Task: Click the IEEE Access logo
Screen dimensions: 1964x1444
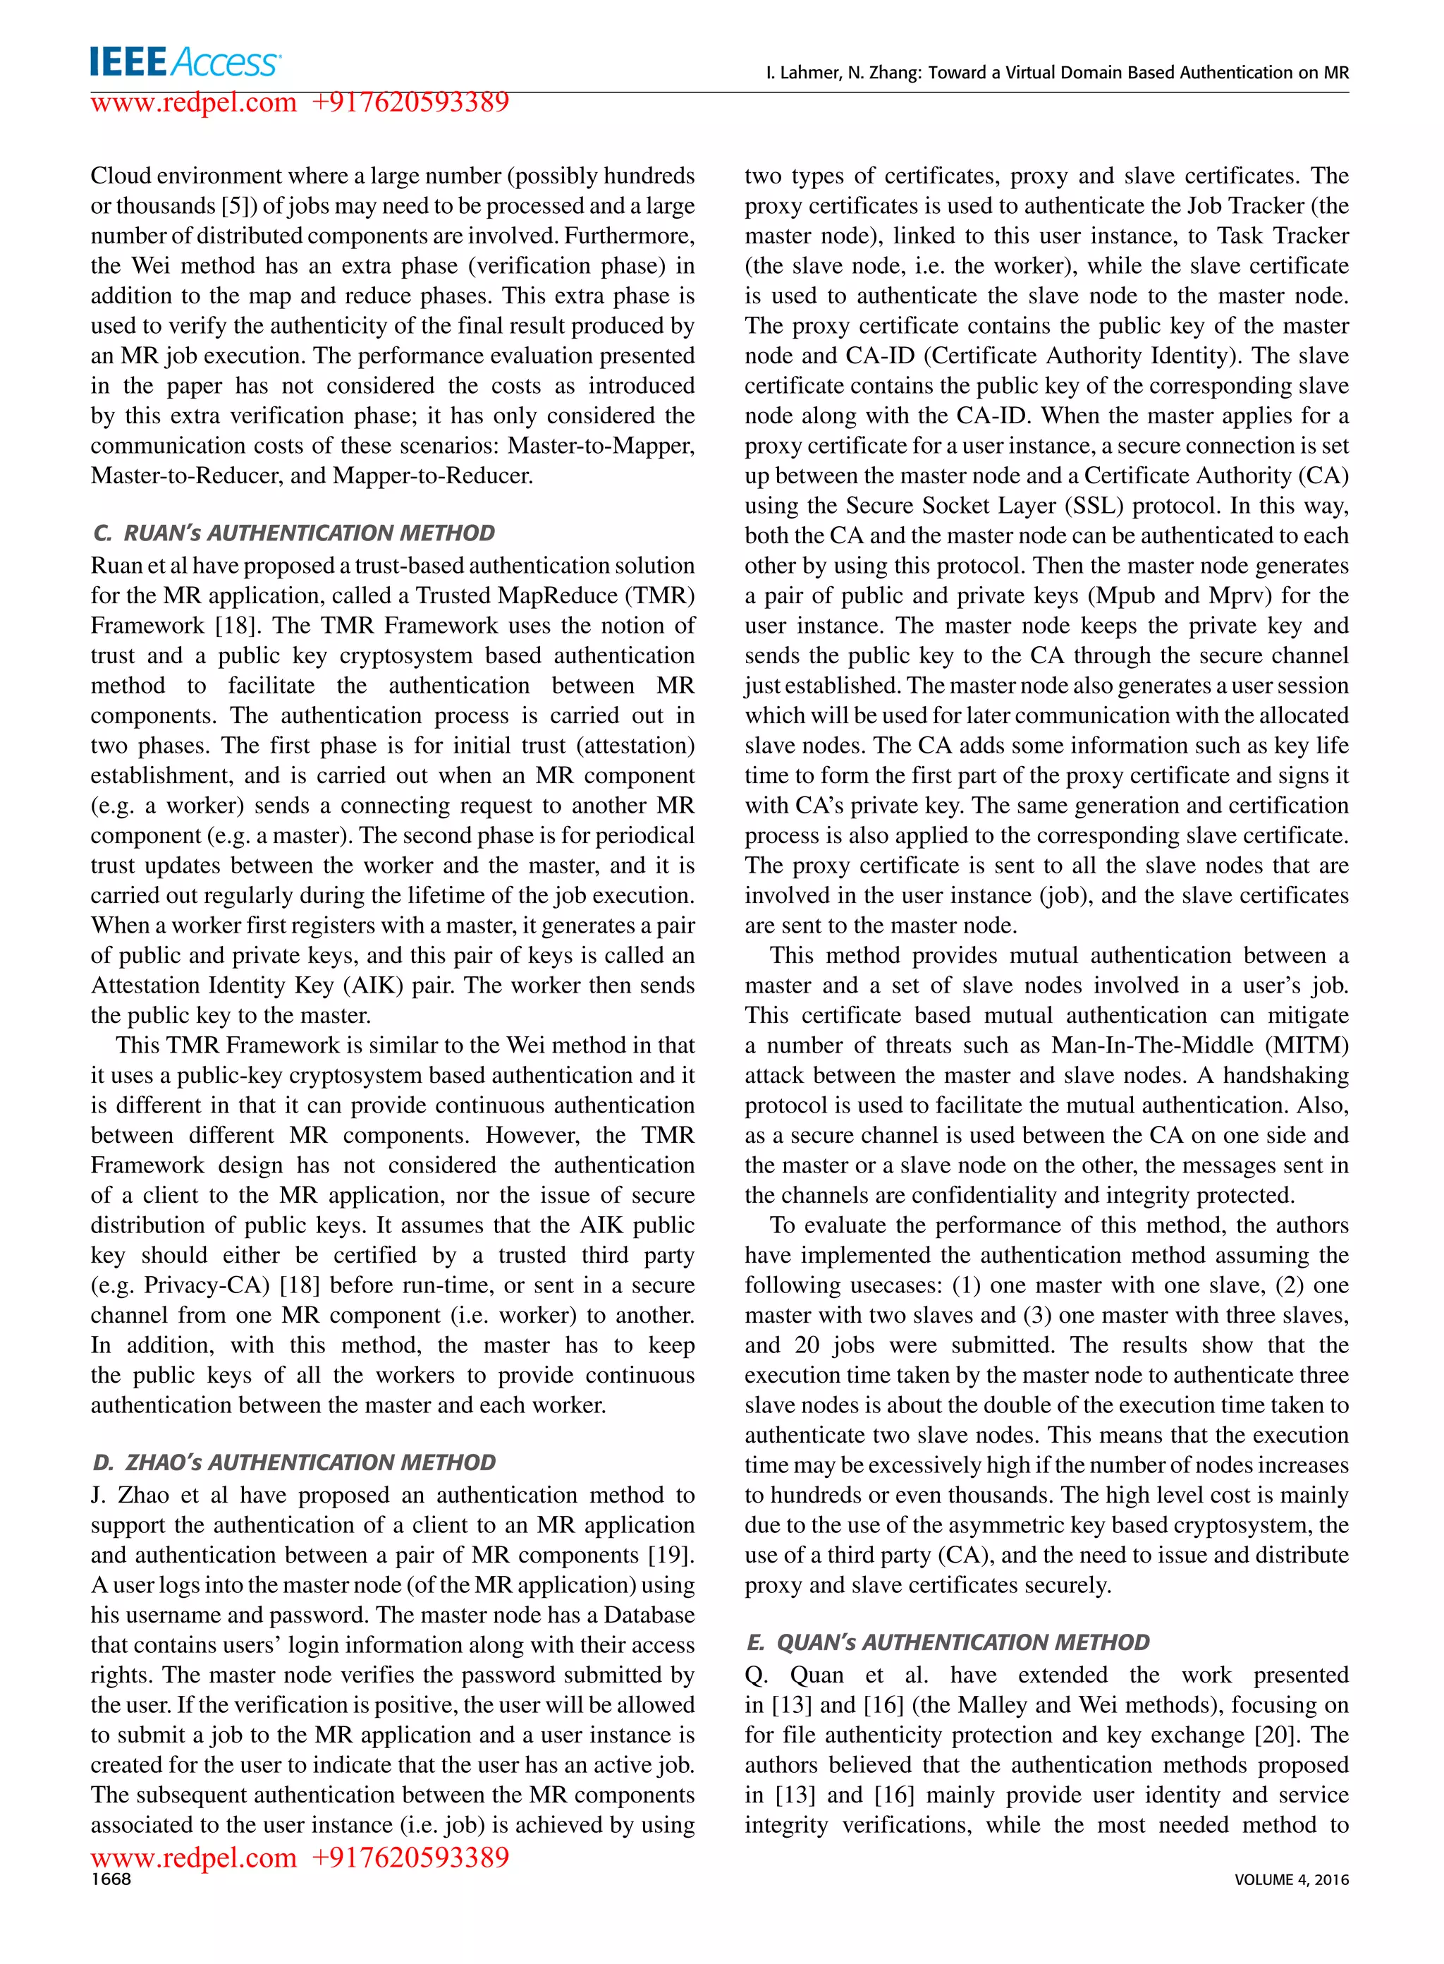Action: click(185, 62)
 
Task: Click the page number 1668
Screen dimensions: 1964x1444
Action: click(111, 1879)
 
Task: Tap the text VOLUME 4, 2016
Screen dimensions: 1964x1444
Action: click(1291, 1880)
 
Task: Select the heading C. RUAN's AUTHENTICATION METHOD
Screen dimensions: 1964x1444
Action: click(294, 533)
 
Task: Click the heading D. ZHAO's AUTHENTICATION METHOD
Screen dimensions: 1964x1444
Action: click(294, 1462)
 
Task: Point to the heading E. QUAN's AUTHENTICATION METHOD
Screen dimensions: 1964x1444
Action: click(948, 1642)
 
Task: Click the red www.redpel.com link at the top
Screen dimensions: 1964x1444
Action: click(194, 102)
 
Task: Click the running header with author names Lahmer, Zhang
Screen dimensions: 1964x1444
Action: click(1057, 73)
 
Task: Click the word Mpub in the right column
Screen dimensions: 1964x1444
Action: click(1123, 596)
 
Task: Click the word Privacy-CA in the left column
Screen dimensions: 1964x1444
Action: click(202, 1285)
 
